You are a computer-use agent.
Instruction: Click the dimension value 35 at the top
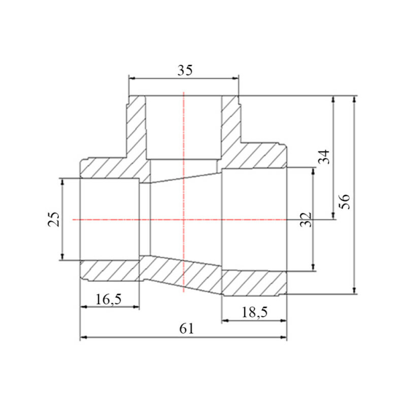185,70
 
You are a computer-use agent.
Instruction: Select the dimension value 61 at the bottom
186,329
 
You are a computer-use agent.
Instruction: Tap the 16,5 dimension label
109,299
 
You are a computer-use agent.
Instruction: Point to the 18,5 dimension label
255,312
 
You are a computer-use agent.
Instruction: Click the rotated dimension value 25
54,219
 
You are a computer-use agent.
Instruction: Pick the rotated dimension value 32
306,220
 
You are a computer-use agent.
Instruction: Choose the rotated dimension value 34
324,157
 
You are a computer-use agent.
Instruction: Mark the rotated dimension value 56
345,201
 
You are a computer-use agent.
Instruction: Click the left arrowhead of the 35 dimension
132,78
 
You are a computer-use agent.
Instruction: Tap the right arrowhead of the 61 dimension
284,337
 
